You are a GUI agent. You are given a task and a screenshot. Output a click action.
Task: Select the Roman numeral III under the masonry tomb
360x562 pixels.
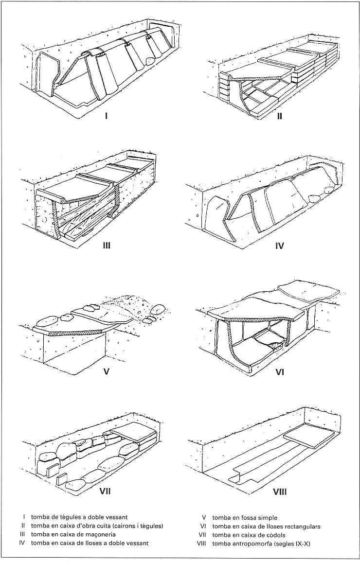click(x=106, y=245)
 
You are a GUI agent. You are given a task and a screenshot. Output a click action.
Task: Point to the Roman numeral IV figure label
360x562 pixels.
click(x=279, y=246)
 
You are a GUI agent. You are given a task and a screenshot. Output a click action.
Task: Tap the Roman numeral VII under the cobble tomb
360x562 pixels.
click(x=105, y=492)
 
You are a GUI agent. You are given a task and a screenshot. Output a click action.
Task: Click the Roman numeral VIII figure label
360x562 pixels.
click(x=279, y=492)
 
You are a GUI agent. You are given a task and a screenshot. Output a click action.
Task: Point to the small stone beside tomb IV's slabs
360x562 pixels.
click(x=314, y=197)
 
